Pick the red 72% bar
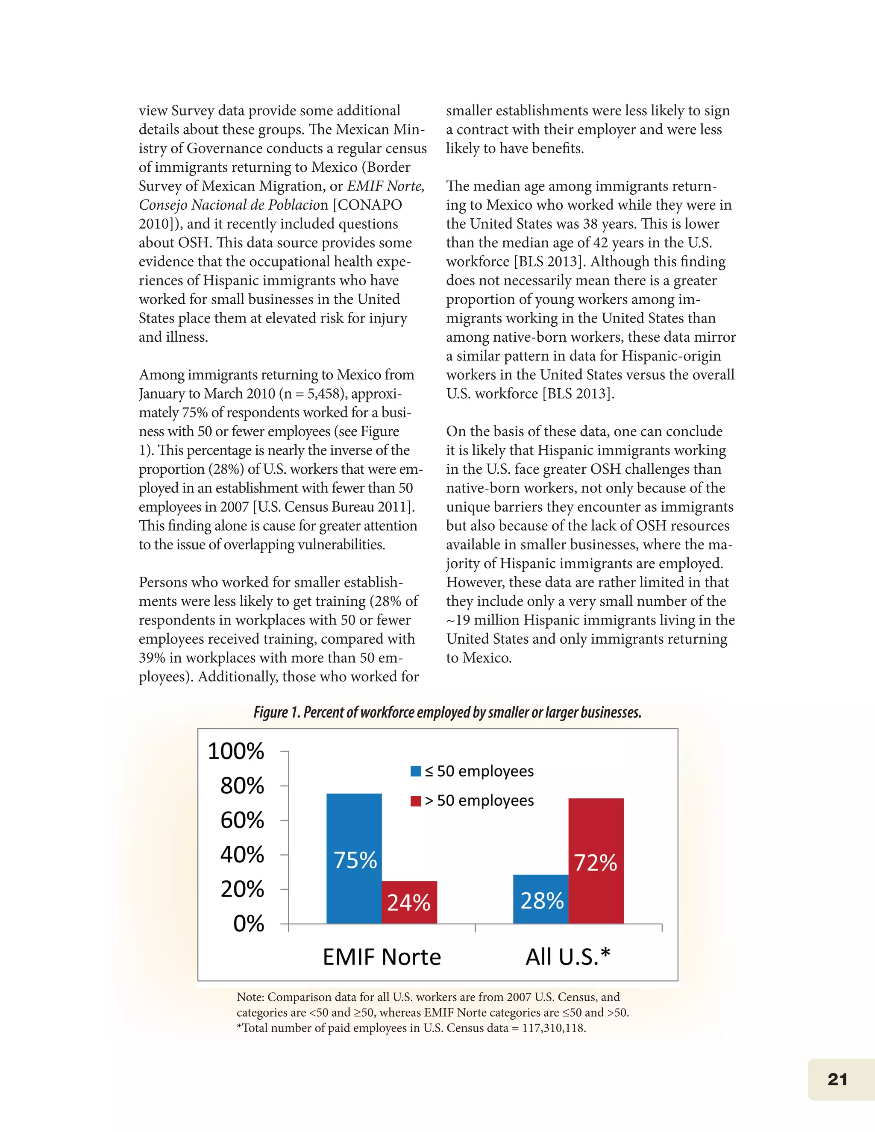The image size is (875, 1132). click(596, 860)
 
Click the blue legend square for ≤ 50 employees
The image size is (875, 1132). click(415, 771)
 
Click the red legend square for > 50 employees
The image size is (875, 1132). click(415, 801)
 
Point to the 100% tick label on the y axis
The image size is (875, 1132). click(236, 751)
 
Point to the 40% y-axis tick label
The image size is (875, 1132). click(242, 854)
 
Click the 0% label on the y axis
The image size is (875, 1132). click(248, 923)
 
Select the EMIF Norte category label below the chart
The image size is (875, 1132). click(382, 957)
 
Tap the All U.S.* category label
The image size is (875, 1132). click(568, 957)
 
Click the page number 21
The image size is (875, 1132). click(837, 1079)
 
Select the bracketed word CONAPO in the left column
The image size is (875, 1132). click(370, 205)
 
